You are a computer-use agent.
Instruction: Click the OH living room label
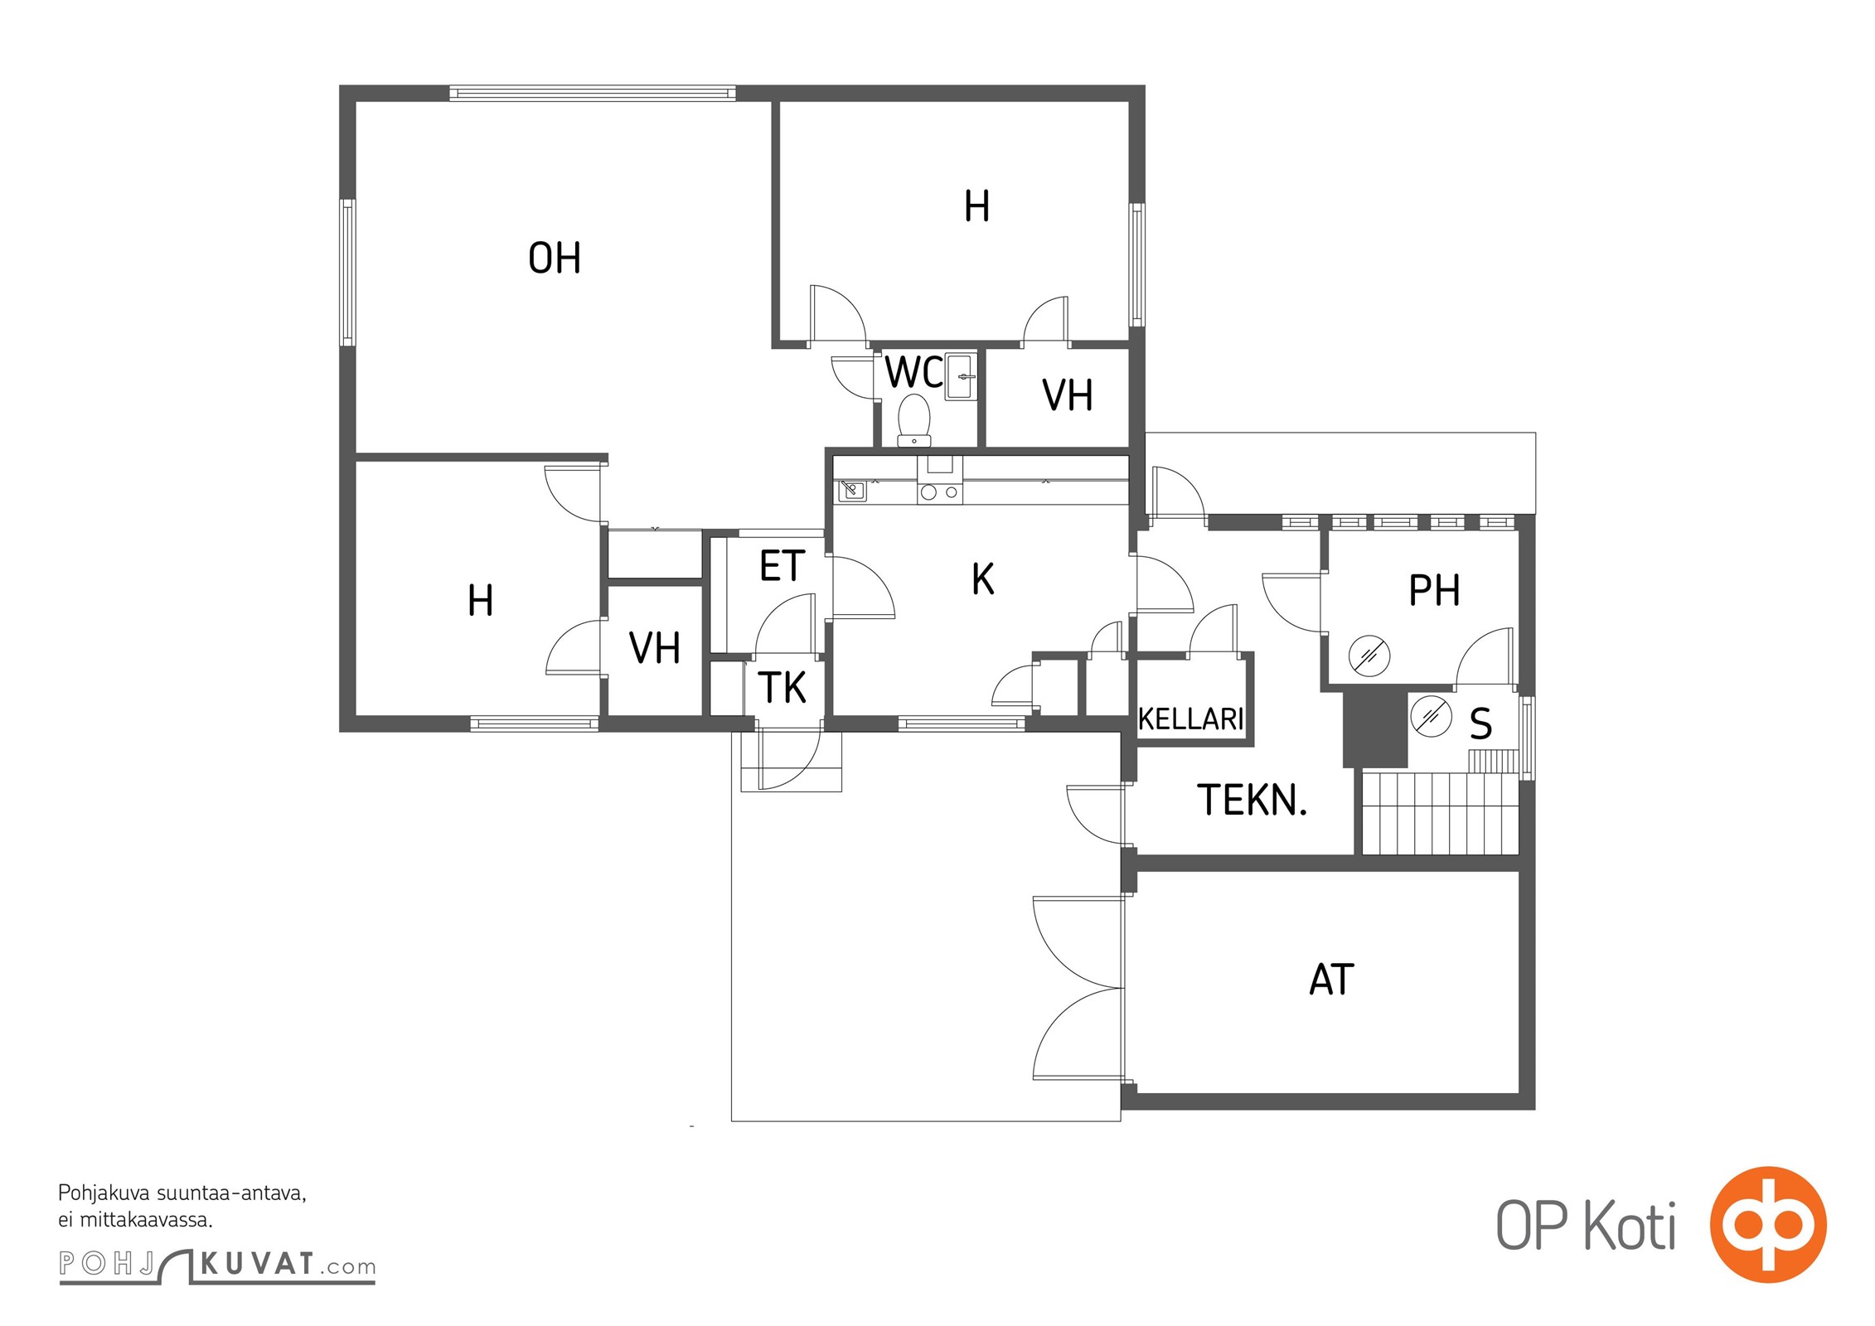pos(555,258)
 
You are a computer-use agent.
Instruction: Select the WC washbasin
pos(962,376)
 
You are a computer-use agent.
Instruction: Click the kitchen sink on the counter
pos(852,491)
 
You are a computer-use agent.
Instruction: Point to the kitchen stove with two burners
pos(940,491)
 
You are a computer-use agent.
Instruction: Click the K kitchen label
pos(983,579)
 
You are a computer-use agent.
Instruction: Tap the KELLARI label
pos(1191,719)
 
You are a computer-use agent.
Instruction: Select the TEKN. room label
pos(1252,801)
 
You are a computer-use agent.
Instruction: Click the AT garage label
pos(1331,980)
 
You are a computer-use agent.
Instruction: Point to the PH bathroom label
pos(1434,591)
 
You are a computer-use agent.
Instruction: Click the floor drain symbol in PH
pos(1369,656)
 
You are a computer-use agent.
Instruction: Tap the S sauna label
pos(1480,723)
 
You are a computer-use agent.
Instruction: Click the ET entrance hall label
pos(782,566)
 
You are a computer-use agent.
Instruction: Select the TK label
pos(782,688)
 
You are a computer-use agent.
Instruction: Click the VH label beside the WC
pos(1068,396)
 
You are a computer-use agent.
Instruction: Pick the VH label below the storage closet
pos(655,648)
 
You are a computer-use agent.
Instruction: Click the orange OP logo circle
pos(1768,1224)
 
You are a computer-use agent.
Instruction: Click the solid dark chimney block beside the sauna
pos(1375,728)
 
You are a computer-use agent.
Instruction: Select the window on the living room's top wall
pos(593,93)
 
